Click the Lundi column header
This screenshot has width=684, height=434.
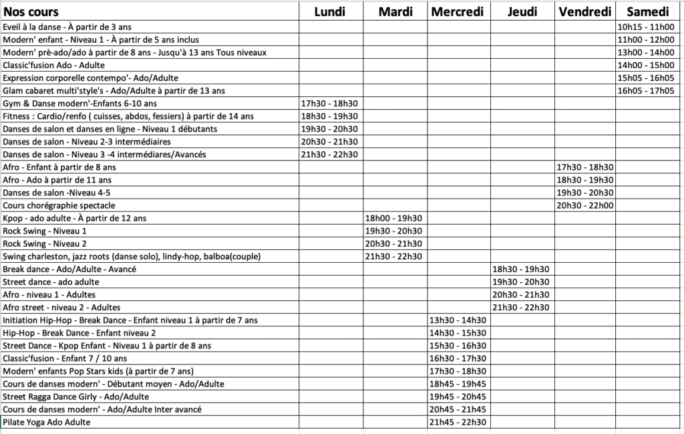tap(330, 11)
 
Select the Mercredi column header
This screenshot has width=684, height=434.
tap(458, 11)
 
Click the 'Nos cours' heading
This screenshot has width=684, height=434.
tap(31, 12)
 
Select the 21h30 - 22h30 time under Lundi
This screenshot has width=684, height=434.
tap(330, 154)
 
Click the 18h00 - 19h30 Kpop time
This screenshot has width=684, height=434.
tap(393, 218)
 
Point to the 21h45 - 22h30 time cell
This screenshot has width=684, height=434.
tap(458, 422)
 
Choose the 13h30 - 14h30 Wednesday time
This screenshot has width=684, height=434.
tap(458, 320)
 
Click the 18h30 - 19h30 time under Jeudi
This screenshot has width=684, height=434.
tap(522, 269)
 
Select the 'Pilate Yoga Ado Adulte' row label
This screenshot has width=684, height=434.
tap(46, 422)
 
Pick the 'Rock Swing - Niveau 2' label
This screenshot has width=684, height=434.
tap(45, 243)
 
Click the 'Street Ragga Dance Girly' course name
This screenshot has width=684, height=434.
tap(75, 397)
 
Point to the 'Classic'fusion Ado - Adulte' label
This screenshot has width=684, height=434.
tap(54, 66)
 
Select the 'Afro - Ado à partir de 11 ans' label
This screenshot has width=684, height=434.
tap(57, 180)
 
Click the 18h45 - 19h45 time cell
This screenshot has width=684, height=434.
tap(458, 384)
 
